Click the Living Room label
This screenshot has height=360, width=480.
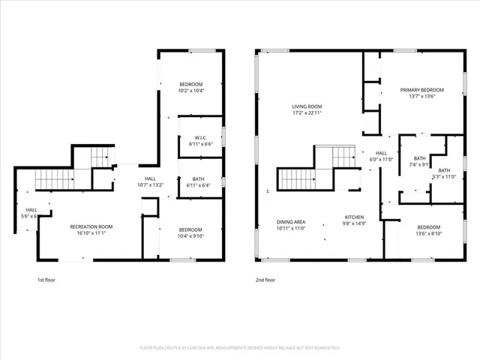click(x=307, y=106)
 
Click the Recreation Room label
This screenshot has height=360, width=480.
click(x=91, y=226)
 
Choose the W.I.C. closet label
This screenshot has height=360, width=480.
click(x=200, y=136)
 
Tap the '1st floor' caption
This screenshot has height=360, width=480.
click(x=46, y=280)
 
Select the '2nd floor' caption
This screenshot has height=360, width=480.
click(x=265, y=280)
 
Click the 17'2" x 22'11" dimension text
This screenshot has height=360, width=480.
click(x=307, y=113)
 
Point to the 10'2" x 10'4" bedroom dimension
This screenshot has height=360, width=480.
click(x=192, y=91)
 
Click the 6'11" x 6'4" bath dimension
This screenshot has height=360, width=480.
click(x=199, y=185)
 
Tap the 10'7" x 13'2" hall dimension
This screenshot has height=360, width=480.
click(x=150, y=184)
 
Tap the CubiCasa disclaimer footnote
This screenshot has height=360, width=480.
click(x=239, y=348)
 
